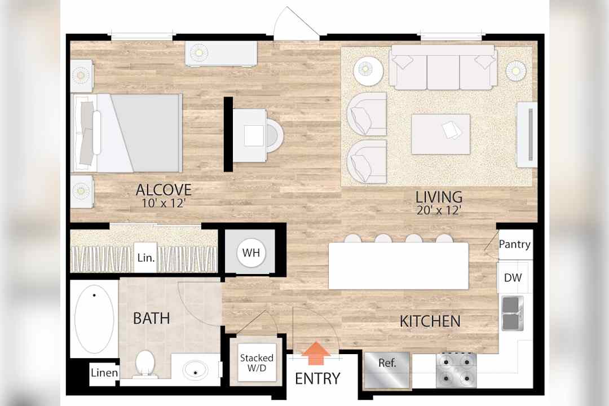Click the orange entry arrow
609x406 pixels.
point(316,353)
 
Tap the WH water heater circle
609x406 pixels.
point(251,253)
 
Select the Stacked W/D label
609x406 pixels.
point(257,363)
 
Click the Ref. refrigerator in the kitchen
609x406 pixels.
point(387,370)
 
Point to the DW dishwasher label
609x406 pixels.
point(513,278)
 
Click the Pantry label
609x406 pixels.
point(515,244)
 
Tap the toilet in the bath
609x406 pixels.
point(145,364)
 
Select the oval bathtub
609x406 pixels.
point(94,319)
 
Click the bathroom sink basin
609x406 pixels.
point(195,370)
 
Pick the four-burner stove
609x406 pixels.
point(456,370)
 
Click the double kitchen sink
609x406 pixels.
point(512,314)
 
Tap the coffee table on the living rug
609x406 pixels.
point(441,134)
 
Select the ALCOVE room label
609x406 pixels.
point(164,190)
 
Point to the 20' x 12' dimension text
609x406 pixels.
point(439,210)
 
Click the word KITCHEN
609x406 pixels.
point(430,321)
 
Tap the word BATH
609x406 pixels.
point(152,319)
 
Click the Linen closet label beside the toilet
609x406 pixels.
point(104,373)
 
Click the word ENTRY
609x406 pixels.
point(317,378)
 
